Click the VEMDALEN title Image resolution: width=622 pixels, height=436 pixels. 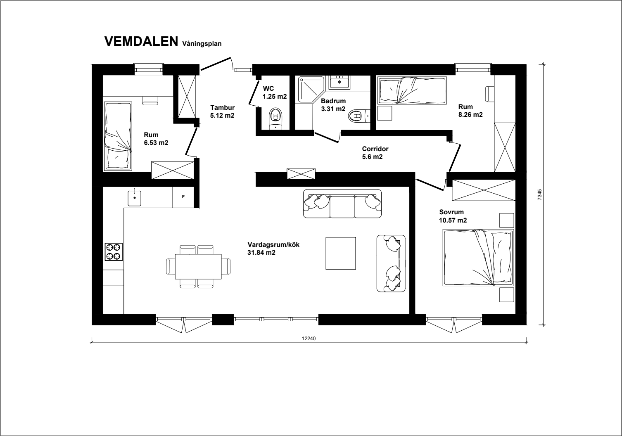pyautogui.click(x=141, y=41)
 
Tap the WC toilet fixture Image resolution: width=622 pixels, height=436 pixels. pyautogui.click(x=275, y=119)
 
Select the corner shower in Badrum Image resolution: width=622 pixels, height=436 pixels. pyautogui.click(x=311, y=90)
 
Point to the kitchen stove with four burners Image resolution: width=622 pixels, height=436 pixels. pyautogui.click(x=114, y=252)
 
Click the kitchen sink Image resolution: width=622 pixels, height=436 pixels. pyautogui.click(x=135, y=197)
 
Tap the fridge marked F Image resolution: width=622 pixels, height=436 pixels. pyautogui.click(x=183, y=197)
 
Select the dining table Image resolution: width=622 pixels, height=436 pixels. pyautogui.click(x=198, y=266)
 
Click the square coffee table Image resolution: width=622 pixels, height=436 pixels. pyautogui.click(x=341, y=253)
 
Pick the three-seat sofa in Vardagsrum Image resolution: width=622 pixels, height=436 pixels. pyautogui.click(x=342, y=204)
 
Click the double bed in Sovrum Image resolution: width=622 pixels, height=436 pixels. pyautogui.click(x=478, y=258)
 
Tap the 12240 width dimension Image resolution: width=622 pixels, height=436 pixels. pyautogui.click(x=309, y=339)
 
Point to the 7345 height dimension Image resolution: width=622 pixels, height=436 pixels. pyautogui.click(x=539, y=194)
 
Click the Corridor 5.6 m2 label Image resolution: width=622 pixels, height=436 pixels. pyautogui.click(x=375, y=153)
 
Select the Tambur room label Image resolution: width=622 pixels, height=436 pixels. pyautogui.click(x=223, y=107)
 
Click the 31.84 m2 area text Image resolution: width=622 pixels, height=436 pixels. pyautogui.click(x=261, y=253)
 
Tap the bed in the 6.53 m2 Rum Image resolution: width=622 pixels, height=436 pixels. pyautogui.click(x=118, y=136)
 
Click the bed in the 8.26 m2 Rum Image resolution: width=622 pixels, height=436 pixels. pyautogui.click(x=411, y=90)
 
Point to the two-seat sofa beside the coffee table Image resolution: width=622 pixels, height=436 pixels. pyautogui.click(x=391, y=263)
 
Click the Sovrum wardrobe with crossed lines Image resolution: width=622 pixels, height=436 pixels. pyautogui.click(x=484, y=190)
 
